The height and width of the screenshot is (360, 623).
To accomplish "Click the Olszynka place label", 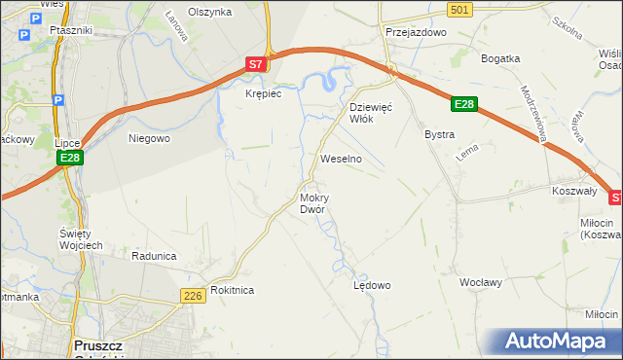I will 210,12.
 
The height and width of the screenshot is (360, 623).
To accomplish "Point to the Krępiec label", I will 263,93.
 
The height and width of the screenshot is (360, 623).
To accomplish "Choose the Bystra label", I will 440,134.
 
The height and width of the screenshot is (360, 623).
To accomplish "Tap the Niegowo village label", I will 150,138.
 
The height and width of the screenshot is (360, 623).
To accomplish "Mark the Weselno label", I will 341,158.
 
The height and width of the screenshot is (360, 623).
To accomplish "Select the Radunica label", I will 154,256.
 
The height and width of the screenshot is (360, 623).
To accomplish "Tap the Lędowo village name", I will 371,285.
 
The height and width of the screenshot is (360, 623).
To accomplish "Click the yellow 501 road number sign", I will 461,9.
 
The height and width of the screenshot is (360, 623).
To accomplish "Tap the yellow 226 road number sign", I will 192,295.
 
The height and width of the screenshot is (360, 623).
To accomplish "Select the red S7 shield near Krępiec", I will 254,64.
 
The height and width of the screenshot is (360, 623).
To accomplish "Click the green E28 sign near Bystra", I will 464,104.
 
